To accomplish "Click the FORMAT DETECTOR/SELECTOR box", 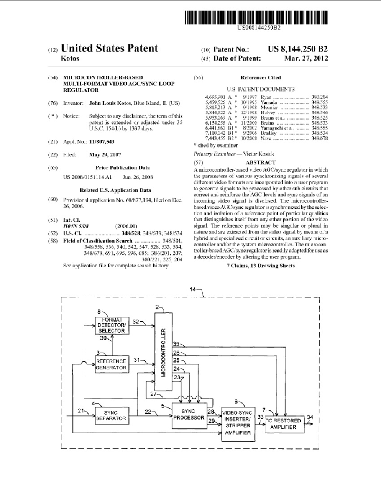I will tap(112, 325).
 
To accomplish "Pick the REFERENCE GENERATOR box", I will tap(112, 364).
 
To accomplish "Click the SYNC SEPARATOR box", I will tap(112, 415).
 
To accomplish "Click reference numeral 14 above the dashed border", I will tap(193, 290).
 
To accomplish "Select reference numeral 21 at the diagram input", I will tap(81, 410).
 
